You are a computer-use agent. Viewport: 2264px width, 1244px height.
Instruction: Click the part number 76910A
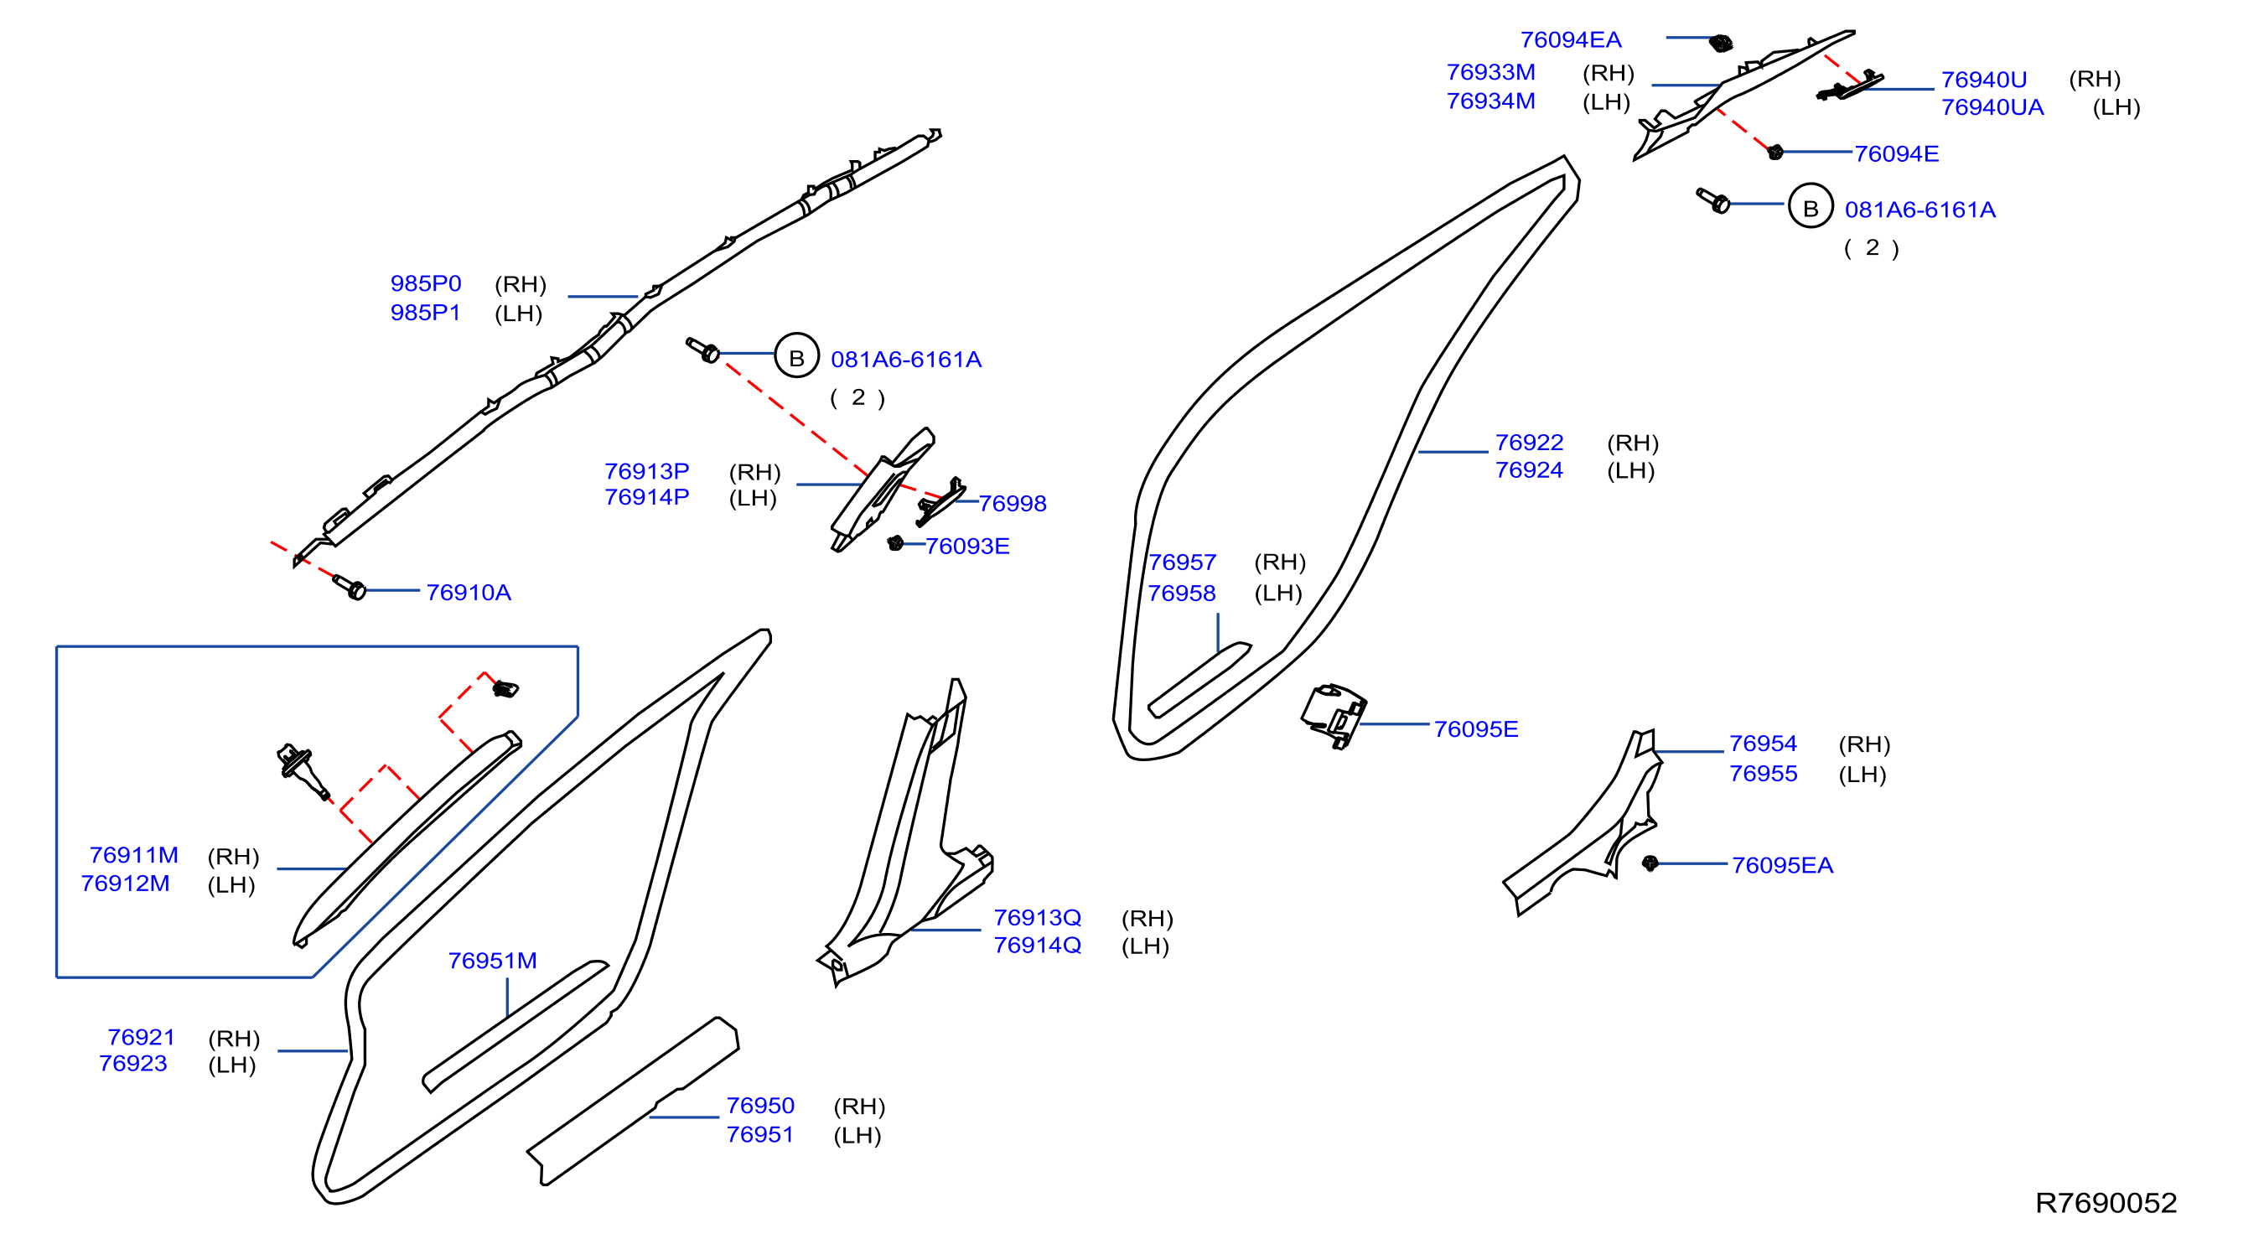469,593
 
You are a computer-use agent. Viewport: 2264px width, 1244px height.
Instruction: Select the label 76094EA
1571,39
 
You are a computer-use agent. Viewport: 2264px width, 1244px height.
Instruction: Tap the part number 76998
1013,504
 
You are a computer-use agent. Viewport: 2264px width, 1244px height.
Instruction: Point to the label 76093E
966,546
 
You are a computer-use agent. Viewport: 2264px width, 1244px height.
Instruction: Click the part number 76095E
1475,728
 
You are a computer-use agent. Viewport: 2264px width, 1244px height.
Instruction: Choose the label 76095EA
1782,865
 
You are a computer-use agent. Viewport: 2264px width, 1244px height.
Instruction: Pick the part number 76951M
492,960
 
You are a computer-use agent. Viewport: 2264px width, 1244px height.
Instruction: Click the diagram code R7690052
2106,1203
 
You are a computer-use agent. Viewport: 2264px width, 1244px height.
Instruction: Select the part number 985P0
425,283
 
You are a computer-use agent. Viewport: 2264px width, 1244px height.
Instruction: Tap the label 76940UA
1992,107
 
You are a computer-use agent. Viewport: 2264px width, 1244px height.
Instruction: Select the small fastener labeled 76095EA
1650,863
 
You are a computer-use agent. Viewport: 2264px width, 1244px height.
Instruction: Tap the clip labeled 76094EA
1721,42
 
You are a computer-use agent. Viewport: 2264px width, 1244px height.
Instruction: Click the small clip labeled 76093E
895,542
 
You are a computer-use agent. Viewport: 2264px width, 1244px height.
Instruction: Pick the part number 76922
1529,443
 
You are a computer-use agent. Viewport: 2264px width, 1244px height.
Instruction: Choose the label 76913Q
1037,917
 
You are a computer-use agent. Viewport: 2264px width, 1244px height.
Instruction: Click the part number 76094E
1897,154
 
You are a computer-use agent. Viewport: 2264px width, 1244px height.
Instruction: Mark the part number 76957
1182,562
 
